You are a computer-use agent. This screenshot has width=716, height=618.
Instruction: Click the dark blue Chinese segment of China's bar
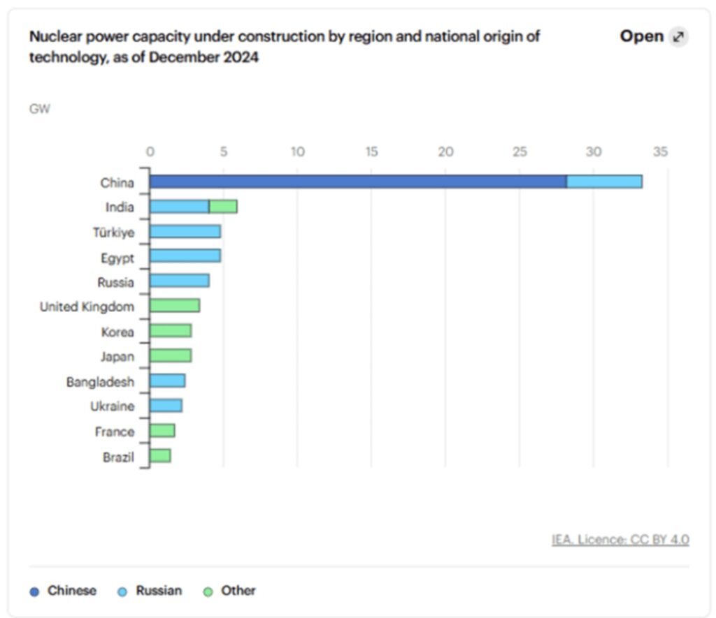[x=357, y=182]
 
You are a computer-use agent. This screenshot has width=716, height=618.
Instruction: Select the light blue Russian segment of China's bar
[x=604, y=182]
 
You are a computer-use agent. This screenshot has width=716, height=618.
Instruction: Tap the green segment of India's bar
[x=223, y=207]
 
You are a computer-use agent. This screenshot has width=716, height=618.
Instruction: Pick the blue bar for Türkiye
[x=185, y=232]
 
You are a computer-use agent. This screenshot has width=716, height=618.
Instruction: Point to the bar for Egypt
[x=185, y=256]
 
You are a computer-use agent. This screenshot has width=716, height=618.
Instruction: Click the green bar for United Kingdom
[x=175, y=306]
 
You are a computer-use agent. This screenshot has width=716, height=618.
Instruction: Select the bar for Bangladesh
[x=168, y=381]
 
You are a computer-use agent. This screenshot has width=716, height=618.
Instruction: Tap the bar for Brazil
[x=160, y=456]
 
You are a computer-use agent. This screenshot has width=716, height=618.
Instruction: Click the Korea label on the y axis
[x=117, y=332]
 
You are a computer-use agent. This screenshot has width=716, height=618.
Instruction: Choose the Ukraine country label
[x=112, y=406]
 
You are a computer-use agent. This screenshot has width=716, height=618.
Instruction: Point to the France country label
[x=115, y=432]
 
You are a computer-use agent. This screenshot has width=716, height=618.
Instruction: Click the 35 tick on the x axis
[x=660, y=152]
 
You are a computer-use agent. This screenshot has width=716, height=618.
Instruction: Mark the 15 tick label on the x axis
[x=371, y=152]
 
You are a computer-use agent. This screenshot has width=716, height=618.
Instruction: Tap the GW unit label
[x=40, y=109]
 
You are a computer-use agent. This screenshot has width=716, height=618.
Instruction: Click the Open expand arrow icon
[x=677, y=38]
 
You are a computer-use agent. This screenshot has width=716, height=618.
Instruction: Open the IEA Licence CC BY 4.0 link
[x=620, y=540]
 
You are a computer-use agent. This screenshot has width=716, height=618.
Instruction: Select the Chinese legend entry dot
[x=35, y=591]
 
